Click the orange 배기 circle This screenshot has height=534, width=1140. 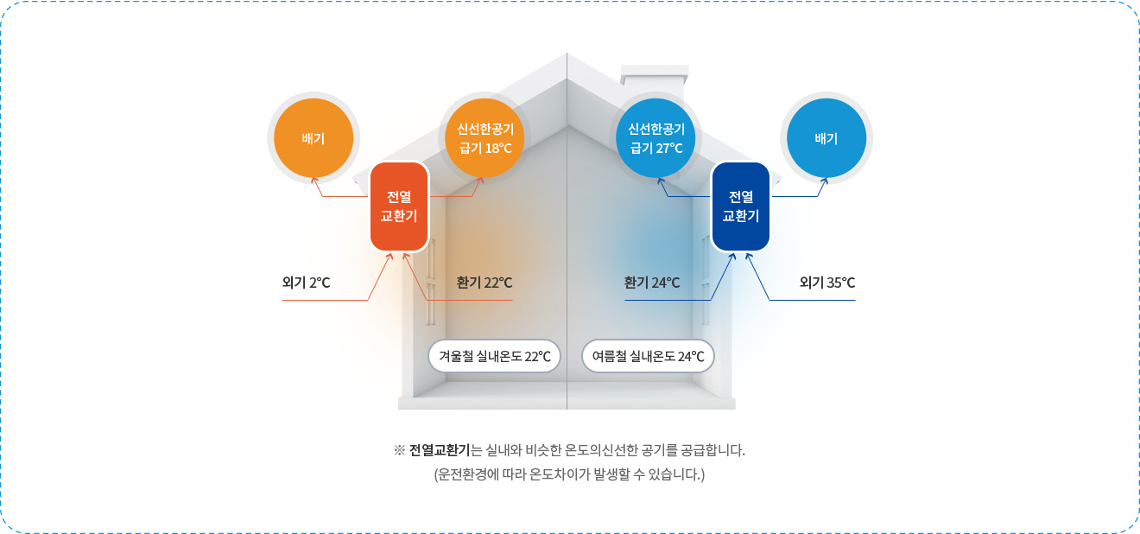[x=313, y=138]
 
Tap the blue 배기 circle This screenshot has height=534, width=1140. [x=826, y=138]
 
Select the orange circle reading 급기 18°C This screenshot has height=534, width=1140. [x=484, y=138]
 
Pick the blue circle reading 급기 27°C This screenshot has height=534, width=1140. [x=655, y=138]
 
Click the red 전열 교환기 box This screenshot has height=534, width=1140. [x=400, y=207]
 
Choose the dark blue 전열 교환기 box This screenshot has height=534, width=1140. [x=740, y=207]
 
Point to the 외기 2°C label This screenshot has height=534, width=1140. [x=306, y=283]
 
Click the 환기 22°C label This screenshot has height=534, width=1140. [x=484, y=283]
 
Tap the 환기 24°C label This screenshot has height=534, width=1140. [x=652, y=283]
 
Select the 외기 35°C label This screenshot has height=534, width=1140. [x=827, y=283]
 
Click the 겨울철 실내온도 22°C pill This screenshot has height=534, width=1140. [x=494, y=356]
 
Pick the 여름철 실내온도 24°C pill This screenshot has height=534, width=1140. [x=648, y=356]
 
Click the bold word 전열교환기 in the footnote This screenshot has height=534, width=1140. [x=440, y=450]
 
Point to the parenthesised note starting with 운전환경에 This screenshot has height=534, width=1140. [x=569, y=474]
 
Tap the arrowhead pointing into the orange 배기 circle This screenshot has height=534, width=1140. [x=314, y=180]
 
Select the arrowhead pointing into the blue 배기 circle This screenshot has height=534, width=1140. [x=825, y=181]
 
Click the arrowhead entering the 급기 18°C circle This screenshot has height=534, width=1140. [x=479, y=181]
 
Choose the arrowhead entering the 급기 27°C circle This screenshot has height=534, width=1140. [x=661, y=181]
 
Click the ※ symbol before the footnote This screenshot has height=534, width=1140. [x=399, y=450]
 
